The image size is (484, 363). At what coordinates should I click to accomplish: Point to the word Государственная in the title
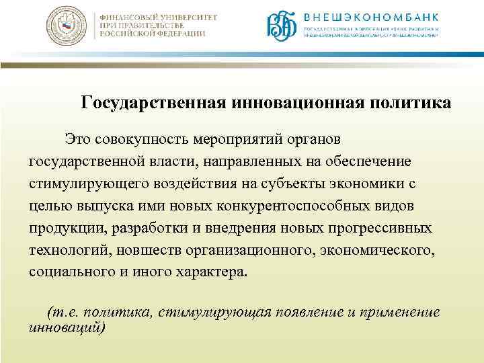[x=154, y=104]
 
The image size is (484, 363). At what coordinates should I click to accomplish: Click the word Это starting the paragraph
[x=78, y=139]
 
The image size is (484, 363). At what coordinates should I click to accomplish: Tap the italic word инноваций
[x=66, y=327]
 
